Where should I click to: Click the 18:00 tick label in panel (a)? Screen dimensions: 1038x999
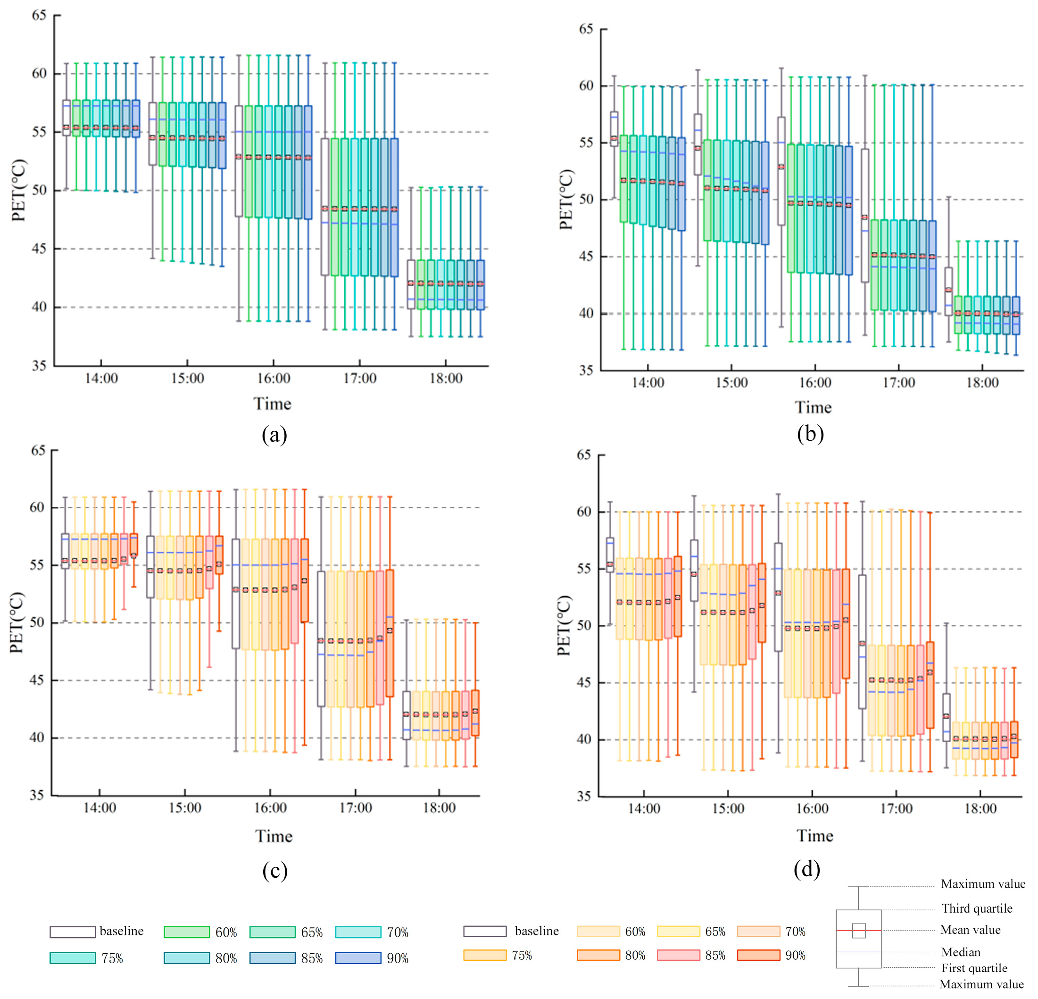pos(446,378)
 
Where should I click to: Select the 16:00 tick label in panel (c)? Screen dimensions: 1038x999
pos(270,808)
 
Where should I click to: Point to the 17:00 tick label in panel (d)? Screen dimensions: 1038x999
pos(896,808)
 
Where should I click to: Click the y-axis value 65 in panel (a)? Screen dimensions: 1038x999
pos(39,15)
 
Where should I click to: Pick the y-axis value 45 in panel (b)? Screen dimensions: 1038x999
pos(586,257)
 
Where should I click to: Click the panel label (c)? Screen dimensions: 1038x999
pos(275,870)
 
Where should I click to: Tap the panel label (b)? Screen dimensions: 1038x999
pos(810,434)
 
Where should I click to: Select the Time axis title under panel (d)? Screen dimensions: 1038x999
pos(814,836)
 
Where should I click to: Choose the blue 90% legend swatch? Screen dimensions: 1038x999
pos(358,957)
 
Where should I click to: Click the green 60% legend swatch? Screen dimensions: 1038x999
pos(187,932)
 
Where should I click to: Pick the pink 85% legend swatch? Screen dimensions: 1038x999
pos(679,955)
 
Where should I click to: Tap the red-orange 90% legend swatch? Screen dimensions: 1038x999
pos(758,955)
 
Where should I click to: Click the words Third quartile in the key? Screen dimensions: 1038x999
pos(977,908)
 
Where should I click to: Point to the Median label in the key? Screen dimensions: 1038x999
pos(961,952)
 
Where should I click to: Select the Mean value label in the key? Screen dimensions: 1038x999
pos(970,930)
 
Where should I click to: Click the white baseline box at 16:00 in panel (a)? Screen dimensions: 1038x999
pos(239,161)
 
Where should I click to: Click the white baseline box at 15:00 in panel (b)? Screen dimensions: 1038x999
pos(698,144)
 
